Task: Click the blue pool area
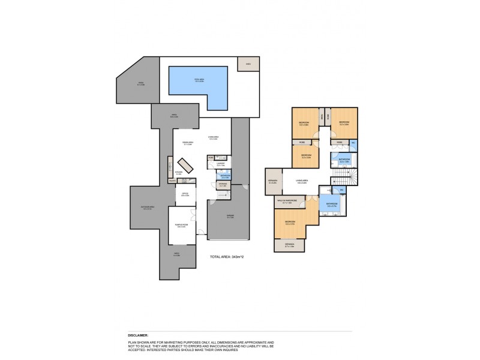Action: (198, 83)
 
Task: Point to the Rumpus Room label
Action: (182, 226)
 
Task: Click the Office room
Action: (185, 194)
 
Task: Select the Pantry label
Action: (172, 181)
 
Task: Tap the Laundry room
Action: (220, 164)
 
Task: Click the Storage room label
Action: (223, 185)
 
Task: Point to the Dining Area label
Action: (187, 143)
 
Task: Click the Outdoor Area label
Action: (146, 208)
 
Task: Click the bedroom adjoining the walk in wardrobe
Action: (291, 222)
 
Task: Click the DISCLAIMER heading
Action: (139, 335)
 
